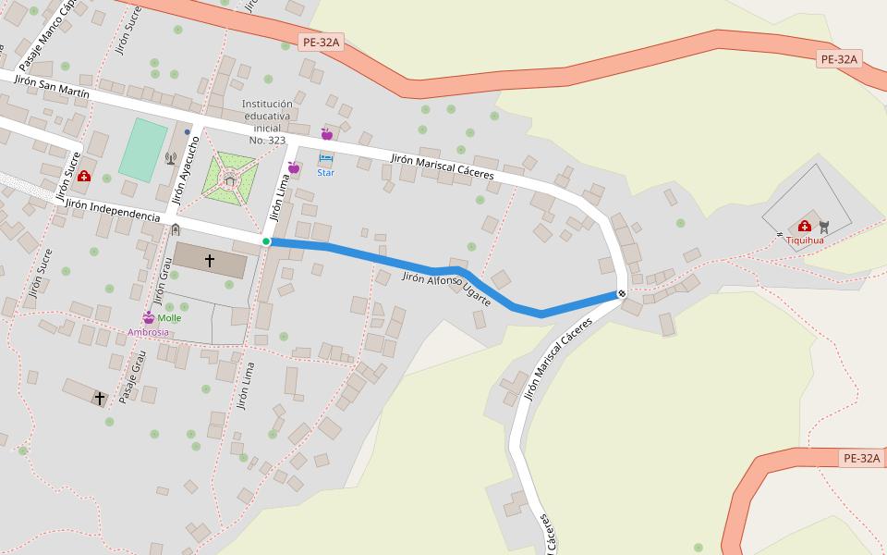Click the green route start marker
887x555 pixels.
266,241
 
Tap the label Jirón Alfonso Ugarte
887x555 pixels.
447,290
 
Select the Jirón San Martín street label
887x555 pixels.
52,87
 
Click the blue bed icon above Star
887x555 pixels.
325,159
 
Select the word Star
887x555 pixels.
325,172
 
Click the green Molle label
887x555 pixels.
170,318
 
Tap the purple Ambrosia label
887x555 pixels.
148,332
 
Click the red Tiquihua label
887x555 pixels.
805,240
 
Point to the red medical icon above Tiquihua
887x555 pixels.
805,226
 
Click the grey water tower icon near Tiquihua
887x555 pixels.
824,226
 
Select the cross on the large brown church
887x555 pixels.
210,261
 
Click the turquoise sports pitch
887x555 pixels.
142,150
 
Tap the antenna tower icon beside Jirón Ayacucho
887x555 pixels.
170,158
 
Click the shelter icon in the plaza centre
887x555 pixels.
229,180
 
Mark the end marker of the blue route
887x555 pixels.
621,293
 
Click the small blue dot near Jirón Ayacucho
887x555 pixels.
188,132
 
